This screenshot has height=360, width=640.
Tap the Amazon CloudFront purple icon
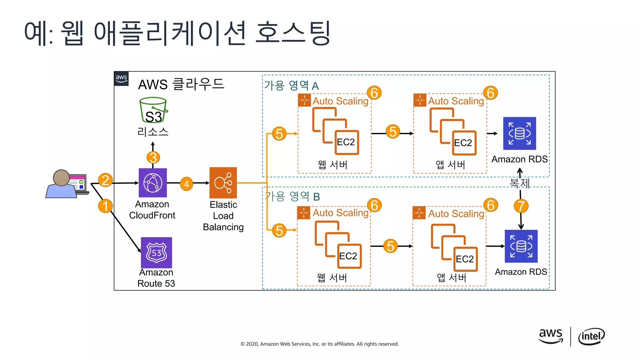point(152,183)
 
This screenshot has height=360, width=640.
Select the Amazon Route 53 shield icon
point(156,252)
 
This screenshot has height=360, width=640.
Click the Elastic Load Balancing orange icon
point(223,183)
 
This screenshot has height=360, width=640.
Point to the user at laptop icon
point(67,184)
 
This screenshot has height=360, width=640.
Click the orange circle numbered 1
point(105,206)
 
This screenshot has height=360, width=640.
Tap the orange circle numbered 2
point(105,180)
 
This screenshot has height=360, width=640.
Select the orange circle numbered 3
point(153,157)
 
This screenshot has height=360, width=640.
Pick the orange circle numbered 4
point(187,184)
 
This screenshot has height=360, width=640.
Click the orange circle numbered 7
point(521,206)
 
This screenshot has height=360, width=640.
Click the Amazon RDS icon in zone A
point(519,133)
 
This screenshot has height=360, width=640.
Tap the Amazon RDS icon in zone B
point(521,246)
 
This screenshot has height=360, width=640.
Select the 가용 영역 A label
point(291,85)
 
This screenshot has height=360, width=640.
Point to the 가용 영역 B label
point(292,197)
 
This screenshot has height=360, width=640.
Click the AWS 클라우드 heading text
point(181,84)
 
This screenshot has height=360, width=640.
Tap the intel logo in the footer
point(591,337)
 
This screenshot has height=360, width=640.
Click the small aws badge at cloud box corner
point(121,78)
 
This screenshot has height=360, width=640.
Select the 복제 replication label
point(519,183)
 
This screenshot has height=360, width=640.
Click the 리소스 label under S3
point(153,132)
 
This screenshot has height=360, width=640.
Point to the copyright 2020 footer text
point(319,344)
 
